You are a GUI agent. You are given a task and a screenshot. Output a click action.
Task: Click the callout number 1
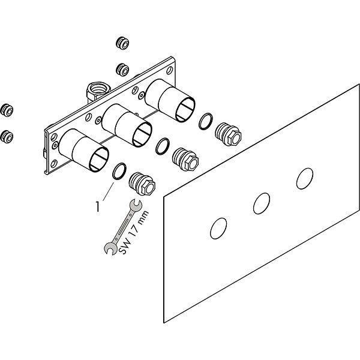tap(98, 206)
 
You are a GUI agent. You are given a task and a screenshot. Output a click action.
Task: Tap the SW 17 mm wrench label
tap(134, 233)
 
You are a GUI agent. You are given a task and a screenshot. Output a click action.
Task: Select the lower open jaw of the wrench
tap(110, 248)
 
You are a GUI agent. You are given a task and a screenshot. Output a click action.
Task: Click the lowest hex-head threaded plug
tap(142, 184)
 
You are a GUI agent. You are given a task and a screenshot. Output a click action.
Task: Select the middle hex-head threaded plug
tap(185, 160)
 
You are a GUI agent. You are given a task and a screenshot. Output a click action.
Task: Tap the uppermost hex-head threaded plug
tap(228, 134)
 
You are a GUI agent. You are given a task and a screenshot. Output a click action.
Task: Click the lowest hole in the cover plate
tap(218, 229)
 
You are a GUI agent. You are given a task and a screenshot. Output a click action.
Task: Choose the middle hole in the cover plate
tap(262, 203)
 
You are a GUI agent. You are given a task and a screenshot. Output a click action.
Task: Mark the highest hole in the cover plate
tap(305, 179)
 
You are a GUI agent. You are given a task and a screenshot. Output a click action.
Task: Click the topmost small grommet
tap(122, 43)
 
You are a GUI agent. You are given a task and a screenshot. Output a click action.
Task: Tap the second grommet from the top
tap(122, 70)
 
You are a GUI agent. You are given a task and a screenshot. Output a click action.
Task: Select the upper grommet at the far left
tap(7, 110)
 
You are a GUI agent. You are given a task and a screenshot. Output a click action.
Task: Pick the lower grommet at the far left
tap(7, 137)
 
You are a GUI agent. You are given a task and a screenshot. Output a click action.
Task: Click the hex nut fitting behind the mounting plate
tap(98, 91)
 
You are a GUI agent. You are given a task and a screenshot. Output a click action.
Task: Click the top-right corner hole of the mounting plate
tap(169, 70)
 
